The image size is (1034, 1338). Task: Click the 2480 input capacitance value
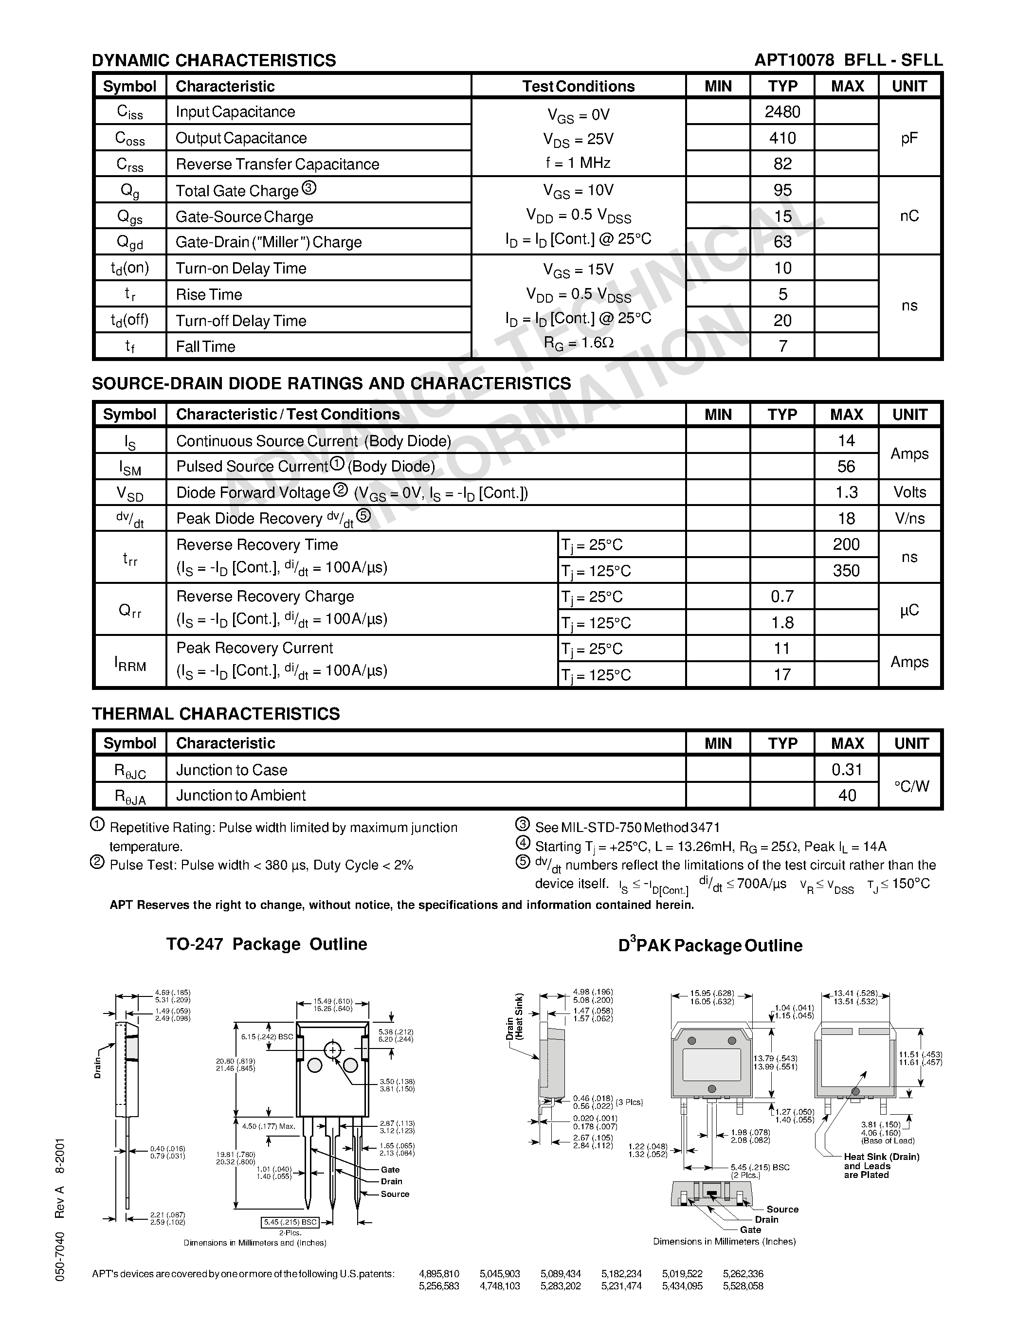(782, 111)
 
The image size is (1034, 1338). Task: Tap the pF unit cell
(909, 138)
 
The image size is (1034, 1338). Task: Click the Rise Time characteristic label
(209, 295)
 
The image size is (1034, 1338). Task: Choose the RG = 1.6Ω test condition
(578, 343)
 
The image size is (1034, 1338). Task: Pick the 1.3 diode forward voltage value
(846, 492)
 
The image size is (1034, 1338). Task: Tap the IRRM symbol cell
(130, 662)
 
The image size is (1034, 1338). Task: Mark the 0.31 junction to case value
(847, 770)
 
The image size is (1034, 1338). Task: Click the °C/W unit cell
(911, 786)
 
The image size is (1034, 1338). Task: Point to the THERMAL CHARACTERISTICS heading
(216, 714)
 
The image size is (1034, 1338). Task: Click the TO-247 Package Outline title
(267, 944)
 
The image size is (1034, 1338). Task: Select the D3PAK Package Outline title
(710, 945)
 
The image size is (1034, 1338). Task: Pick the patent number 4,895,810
(438, 1274)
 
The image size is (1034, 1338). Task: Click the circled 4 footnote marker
(523, 844)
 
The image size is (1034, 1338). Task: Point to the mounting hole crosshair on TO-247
(333, 1050)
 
